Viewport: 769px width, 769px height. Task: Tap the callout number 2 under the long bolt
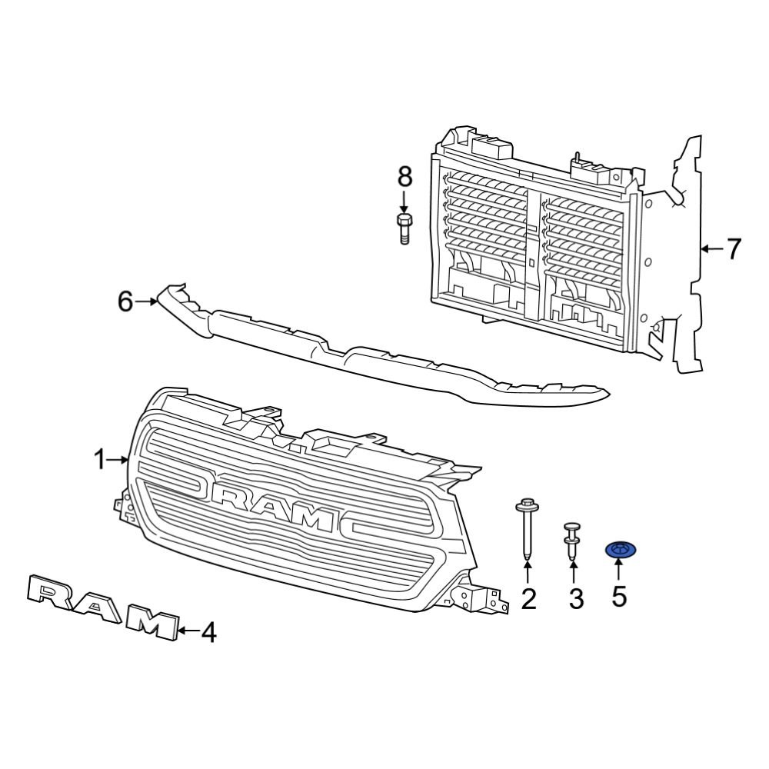pos(528,598)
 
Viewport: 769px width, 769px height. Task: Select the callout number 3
pos(576,598)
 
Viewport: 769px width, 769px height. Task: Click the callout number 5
pos(619,595)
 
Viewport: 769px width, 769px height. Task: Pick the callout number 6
pos(125,302)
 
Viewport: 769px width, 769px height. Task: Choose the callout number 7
pos(734,248)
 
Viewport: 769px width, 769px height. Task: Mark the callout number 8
pos(404,176)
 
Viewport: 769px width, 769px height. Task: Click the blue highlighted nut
pos(619,549)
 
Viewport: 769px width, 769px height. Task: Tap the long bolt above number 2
pos(527,530)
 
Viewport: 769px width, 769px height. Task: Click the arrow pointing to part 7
pos(711,248)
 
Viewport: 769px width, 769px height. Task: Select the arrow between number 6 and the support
pos(146,302)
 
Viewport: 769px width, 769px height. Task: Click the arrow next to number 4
pos(187,633)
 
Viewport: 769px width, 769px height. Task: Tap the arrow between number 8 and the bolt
pos(404,201)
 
